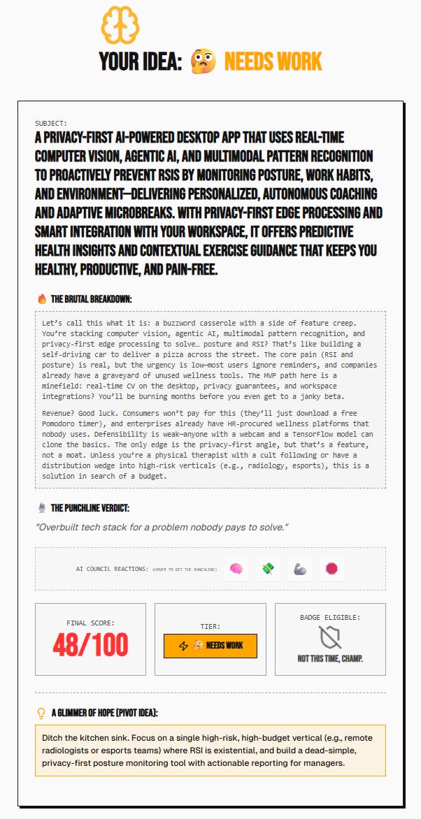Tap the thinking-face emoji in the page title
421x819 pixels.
[203, 62]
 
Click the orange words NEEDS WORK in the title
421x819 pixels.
[273, 62]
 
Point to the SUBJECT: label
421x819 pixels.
[51, 123]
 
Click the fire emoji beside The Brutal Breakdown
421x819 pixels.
[42, 299]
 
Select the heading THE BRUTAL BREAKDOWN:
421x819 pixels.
[91, 299]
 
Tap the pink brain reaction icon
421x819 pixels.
[236, 569]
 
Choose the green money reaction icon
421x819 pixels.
[269, 569]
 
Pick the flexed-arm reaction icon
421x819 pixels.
[300, 569]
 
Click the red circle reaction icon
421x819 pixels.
[331, 569]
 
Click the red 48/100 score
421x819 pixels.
[90, 646]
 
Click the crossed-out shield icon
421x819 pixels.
[330, 637]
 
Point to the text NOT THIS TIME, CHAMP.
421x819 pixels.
[330, 658]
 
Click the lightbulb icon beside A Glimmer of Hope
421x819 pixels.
[41, 713]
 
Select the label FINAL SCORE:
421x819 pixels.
[90, 622]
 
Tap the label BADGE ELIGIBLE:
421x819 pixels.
[330, 617]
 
